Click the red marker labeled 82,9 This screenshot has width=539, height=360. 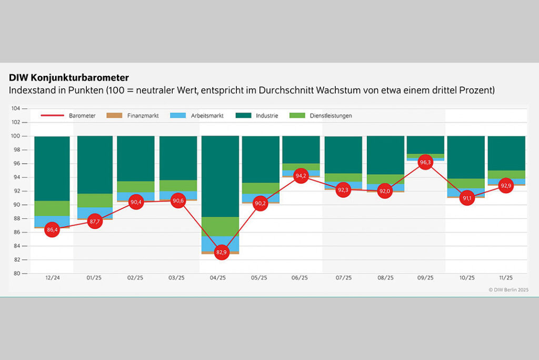point(222,253)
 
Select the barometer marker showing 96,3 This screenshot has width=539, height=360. point(425,163)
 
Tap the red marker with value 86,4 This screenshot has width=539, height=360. point(52,230)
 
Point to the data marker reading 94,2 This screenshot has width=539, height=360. point(301,177)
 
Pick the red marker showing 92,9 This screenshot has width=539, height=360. point(506,186)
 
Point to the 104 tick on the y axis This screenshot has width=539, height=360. point(16,108)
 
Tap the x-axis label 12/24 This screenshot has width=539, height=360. point(53,278)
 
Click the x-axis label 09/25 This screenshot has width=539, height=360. point(425,278)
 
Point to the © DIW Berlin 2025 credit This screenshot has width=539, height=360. point(508,289)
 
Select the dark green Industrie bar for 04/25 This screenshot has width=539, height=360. point(220,176)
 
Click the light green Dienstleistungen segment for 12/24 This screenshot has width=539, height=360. point(52,208)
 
